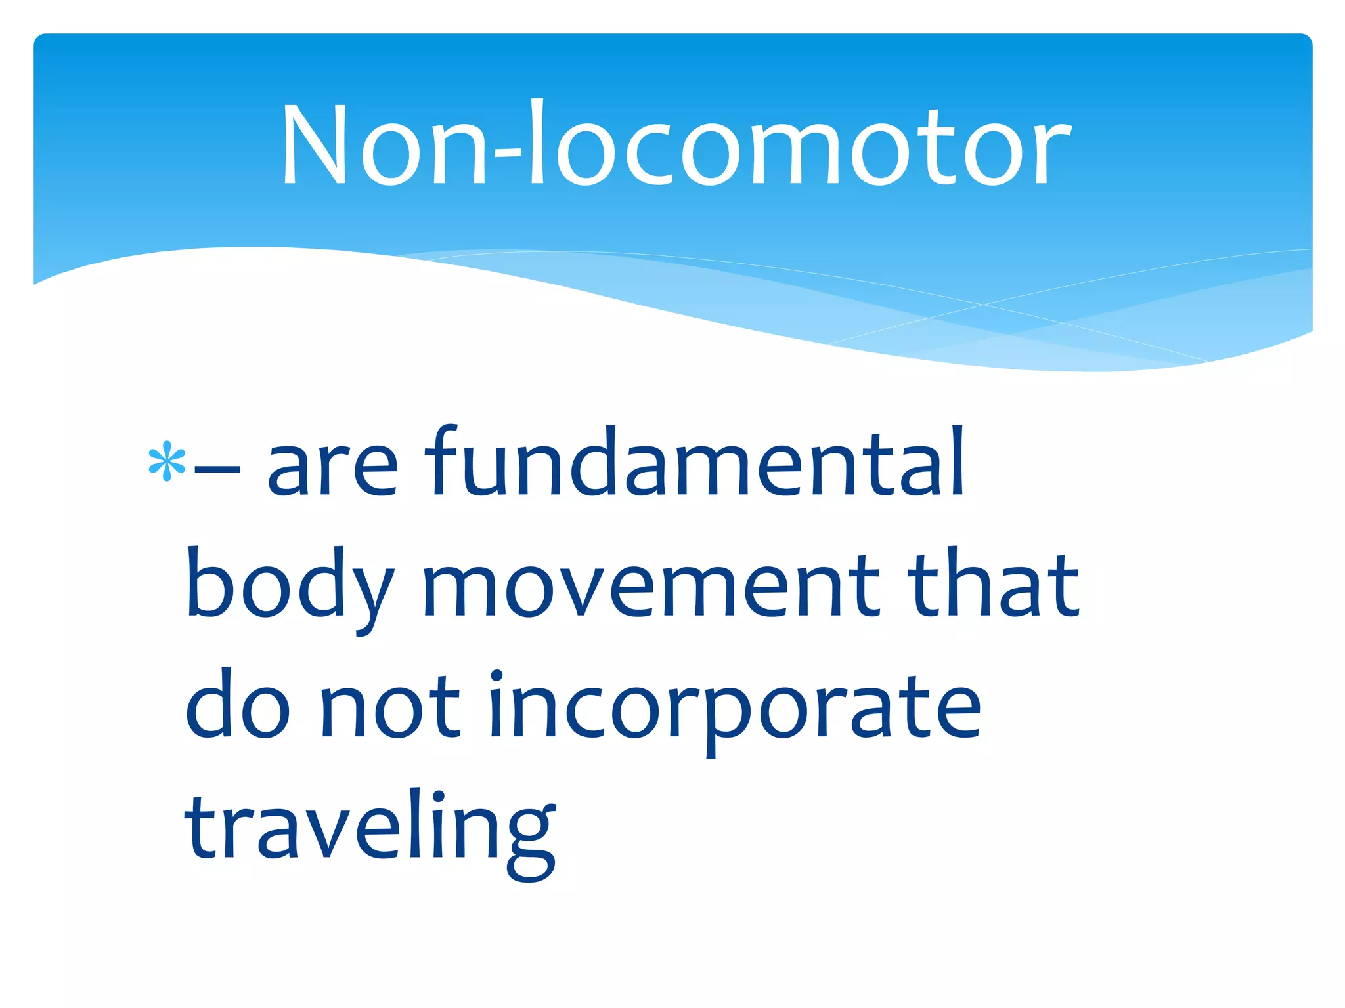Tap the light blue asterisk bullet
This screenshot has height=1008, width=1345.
[x=167, y=461]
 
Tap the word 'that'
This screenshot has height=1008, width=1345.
[x=994, y=583]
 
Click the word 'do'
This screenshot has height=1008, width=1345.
[x=237, y=705]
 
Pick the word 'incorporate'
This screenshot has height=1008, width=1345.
[x=734, y=709]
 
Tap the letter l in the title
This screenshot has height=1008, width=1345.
[x=537, y=141]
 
